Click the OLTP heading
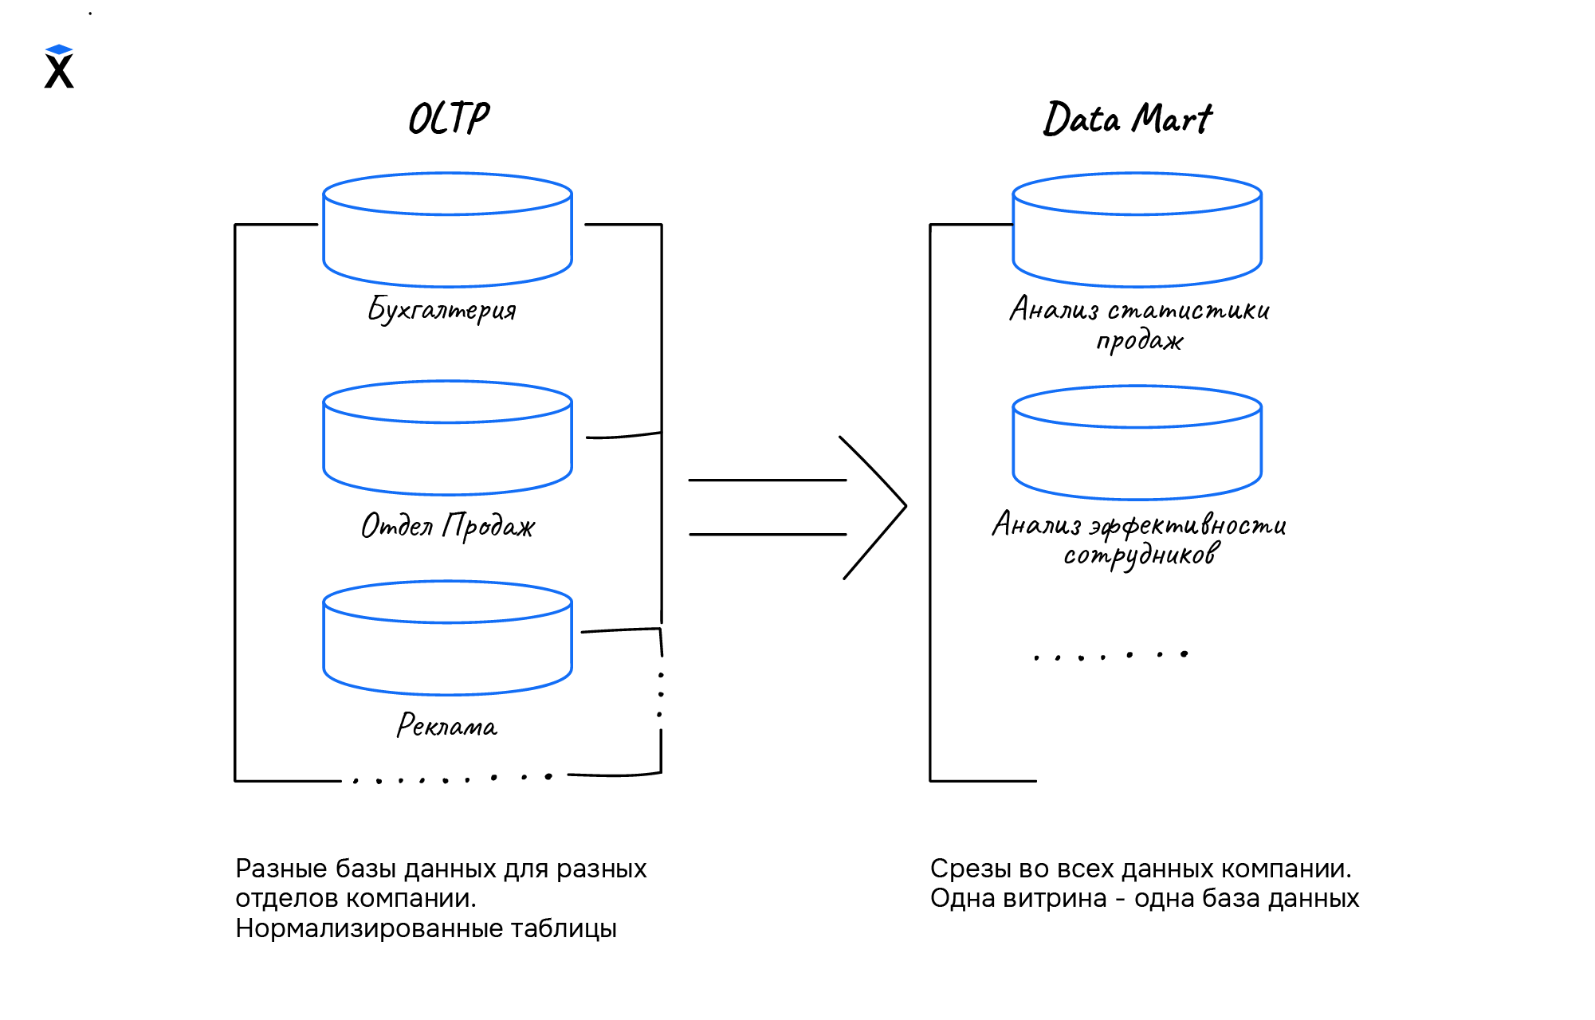tap(449, 119)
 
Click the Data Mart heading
tap(1127, 120)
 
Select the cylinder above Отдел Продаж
tap(447, 439)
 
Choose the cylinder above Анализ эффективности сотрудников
tap(1137, 444)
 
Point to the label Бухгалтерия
tap(442, 309)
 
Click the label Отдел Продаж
tap(447, 526)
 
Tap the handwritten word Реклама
tap(447, 725)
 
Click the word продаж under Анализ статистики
tap(1140, 341)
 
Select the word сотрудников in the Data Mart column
tap(1141, 555)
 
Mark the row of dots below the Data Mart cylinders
tap(1110, 656)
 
